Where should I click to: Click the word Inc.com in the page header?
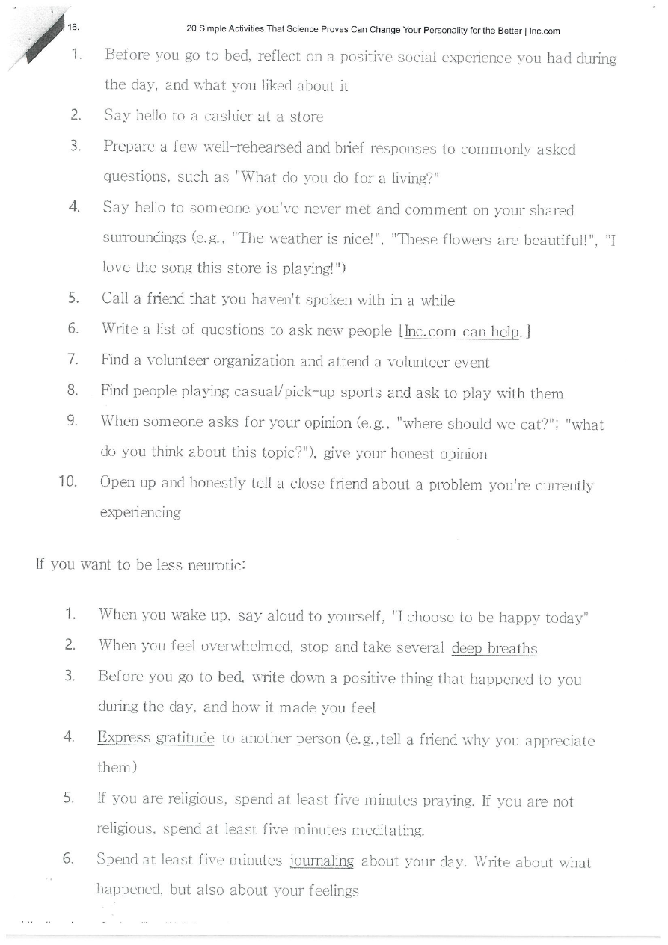(x=546, y=31)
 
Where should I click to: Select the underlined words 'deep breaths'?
(x=494, y=648)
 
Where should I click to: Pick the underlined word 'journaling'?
(x=321, y=862)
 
